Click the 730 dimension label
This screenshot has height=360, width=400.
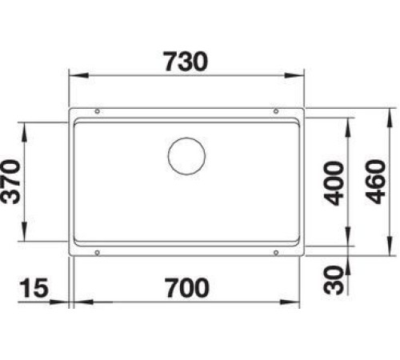[186, 62]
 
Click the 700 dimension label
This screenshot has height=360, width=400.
[186, 288]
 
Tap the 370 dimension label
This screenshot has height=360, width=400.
[10, 182]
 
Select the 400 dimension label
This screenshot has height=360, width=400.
[333, 183]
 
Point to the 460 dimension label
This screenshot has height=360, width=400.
[376, 182]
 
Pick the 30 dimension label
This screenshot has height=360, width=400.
[333, 280]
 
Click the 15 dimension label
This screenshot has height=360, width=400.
[34, 288]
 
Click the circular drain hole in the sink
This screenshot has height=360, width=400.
[186, 156]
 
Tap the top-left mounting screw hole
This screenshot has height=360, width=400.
[98, 111]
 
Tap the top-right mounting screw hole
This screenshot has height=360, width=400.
[276, 111]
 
